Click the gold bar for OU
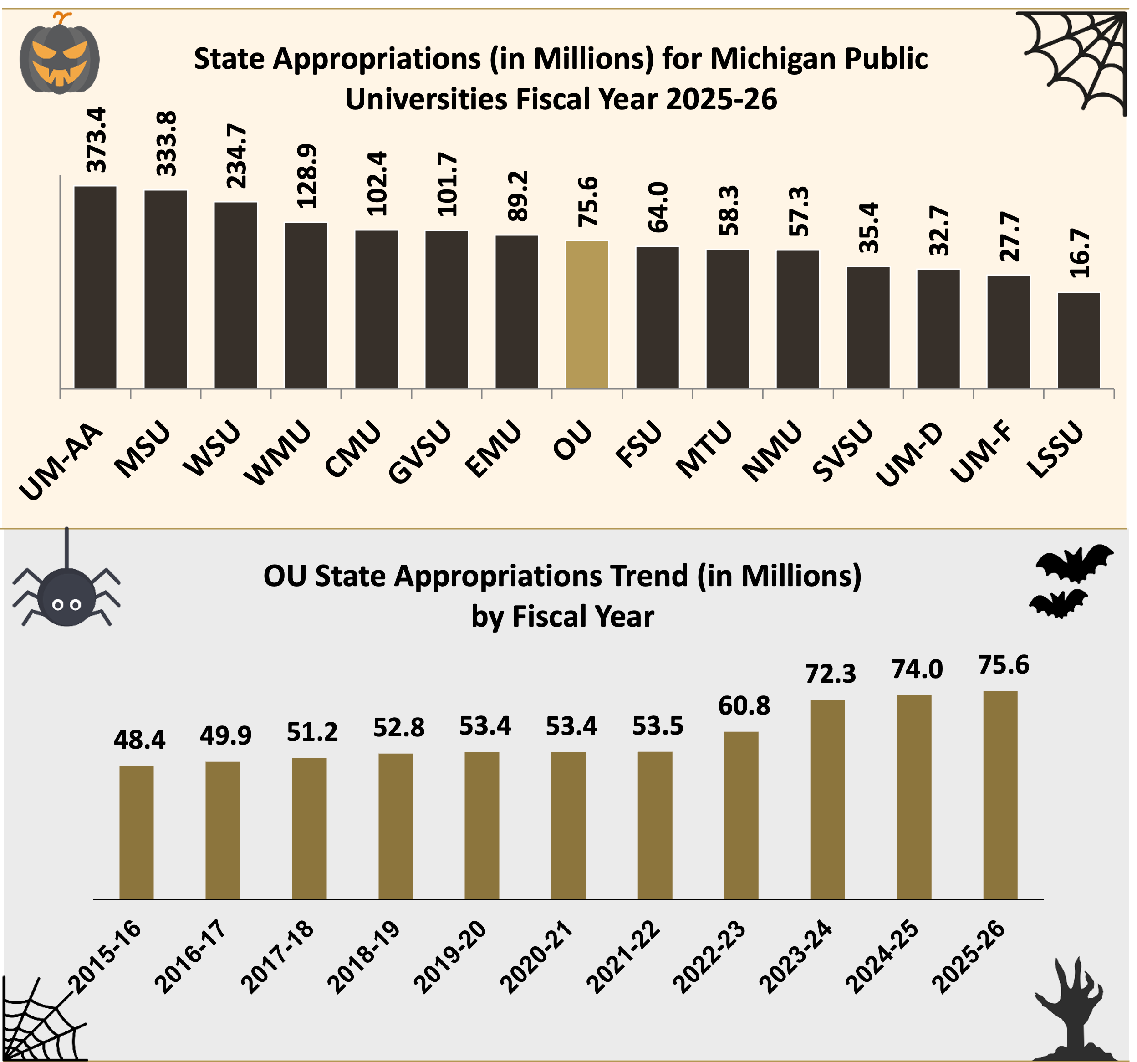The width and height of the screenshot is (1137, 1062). pyautogui.click(x=587, y=315)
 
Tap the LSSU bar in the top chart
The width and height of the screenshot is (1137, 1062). pyautogui.click(x=1079, y=341)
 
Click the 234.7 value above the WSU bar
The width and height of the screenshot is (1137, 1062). pyautogui.click(x=236, y=156)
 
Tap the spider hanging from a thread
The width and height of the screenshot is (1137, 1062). pyautogui.click(x=66, y=597)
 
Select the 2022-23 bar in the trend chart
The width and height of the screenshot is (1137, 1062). pyautogui.click(x=741, y=815)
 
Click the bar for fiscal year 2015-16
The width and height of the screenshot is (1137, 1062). pyautogui.click(x=136, y=832)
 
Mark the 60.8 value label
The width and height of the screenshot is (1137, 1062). pyautogui.click(x=744, y=706)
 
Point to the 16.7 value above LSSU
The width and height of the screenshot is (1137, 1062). pyautogui.click(x=1079, y=253)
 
